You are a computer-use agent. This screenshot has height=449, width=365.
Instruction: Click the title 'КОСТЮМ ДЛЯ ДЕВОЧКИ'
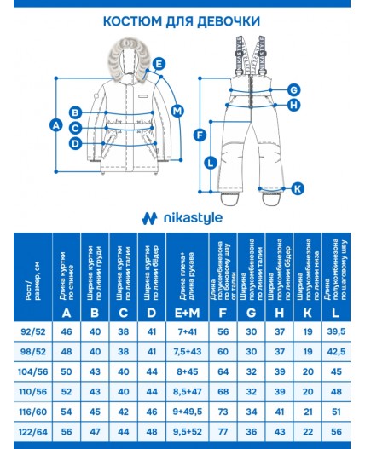[182, 20]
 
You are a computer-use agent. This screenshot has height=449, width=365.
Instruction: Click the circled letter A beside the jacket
[57, 125]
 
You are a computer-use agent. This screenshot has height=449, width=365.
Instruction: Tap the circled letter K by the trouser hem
[297, 188]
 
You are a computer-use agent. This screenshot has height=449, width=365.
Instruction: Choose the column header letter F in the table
[223, 313]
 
